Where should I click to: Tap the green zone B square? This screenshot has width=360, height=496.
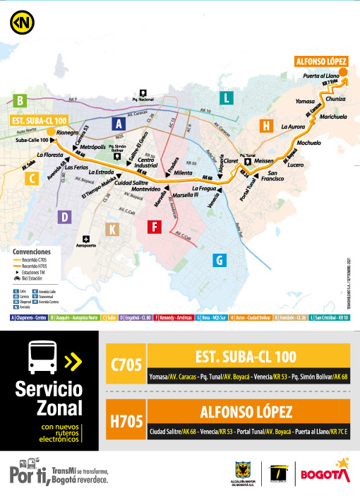click(21, 100)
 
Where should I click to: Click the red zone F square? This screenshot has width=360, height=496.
click(155, 226)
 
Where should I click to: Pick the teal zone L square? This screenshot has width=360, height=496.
click(225, 98)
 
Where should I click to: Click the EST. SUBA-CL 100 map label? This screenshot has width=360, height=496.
click(39, 121)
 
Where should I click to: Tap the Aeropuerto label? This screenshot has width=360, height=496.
click(87, 247)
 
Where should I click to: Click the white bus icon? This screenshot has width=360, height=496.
click(42, 358)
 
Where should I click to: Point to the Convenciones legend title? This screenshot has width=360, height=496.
click(32, 251)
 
